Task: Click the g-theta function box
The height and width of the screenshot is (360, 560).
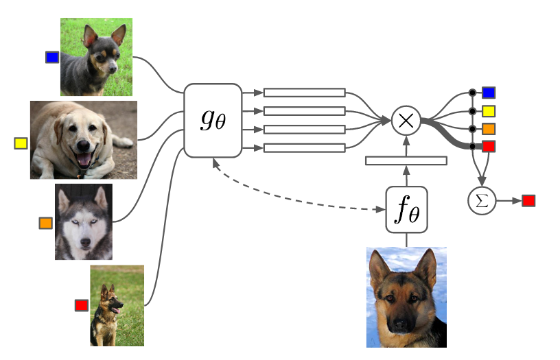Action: (x=213, y=120)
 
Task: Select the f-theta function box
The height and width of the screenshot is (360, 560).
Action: (x=406, y=211)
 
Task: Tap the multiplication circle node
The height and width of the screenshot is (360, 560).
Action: (x=406, y=120)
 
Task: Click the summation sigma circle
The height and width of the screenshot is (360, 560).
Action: (x=481, y=201)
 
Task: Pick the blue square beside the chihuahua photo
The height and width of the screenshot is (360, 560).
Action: (x=52, y=58)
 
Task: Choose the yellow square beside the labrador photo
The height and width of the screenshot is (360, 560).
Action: (x=21, y=143)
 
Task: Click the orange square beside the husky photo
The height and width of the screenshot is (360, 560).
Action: (x=46, y=223)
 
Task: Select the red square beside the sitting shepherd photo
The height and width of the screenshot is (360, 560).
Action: (x=82, y=305)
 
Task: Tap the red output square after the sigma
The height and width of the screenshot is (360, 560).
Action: (x=528, y=201)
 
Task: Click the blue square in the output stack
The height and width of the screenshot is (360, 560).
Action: (x=489, y=93)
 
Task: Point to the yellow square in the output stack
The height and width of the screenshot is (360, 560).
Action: (x=489, y=110)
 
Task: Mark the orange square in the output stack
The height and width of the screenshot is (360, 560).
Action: (x=489, y=128)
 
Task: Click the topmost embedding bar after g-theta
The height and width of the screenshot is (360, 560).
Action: (x=304, y=93)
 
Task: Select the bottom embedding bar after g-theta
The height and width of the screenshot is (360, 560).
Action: (x=304, y=147)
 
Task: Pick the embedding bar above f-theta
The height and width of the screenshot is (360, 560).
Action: (x=406, y=160)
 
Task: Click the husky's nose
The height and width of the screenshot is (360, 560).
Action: (x=84, y=243)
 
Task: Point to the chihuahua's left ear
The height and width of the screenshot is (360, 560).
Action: (x=89, y=36)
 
